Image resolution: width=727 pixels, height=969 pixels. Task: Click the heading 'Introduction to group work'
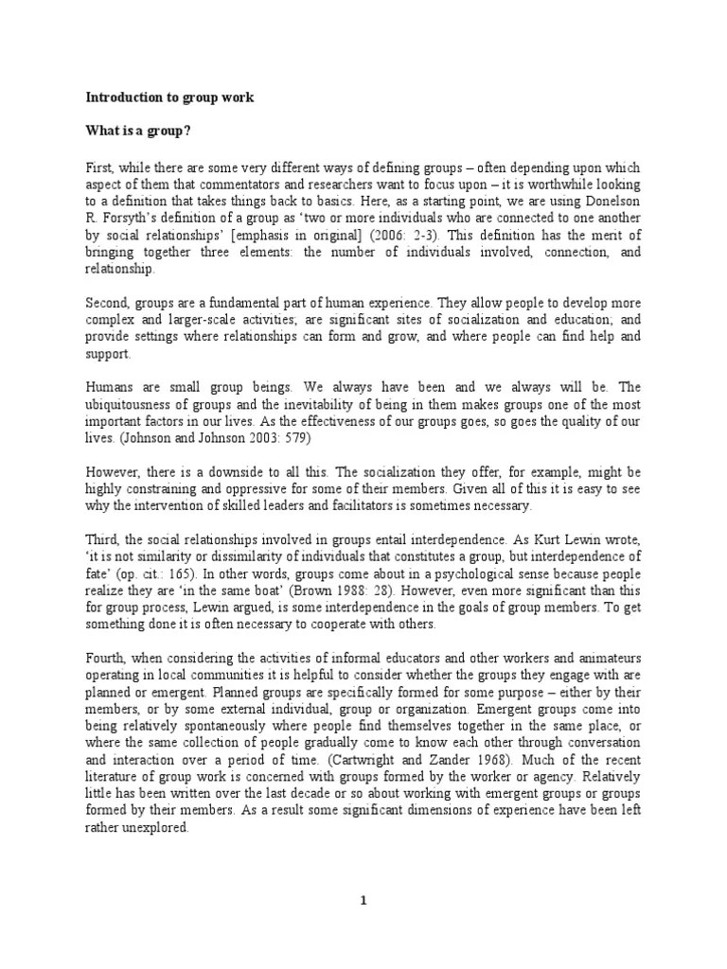[169, 97]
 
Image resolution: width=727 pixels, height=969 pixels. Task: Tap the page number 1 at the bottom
[363, 901]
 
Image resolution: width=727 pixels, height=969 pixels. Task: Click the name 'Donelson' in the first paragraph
[612, 202]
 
